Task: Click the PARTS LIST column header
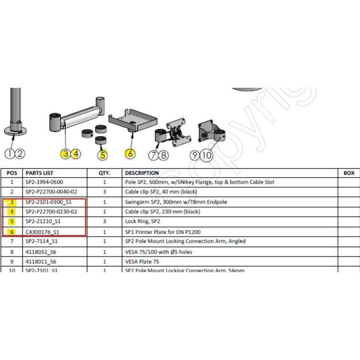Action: click(x=39, y=173)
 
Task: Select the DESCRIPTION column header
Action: click(x=142, y=173)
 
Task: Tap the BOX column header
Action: click(x=349, y=173)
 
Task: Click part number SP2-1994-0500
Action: click(x=44, y=182)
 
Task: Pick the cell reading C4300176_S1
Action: click(x=42, y=232)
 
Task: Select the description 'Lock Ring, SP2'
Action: click(x=142, y=222)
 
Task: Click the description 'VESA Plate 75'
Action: click(x=142, y=262)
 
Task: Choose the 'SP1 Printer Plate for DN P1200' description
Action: click(x=162, y=232)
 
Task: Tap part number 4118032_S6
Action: click(x=41, y=252)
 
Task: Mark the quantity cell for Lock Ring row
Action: click(x=105, y=222)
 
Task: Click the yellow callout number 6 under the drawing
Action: click(x=130, y=154)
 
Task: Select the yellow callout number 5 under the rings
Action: click(x=102, y=155)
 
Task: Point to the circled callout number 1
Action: click(x=10, y=154)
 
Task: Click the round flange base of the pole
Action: click(x=17, y=131)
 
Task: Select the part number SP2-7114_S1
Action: click(x=41, y=241)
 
